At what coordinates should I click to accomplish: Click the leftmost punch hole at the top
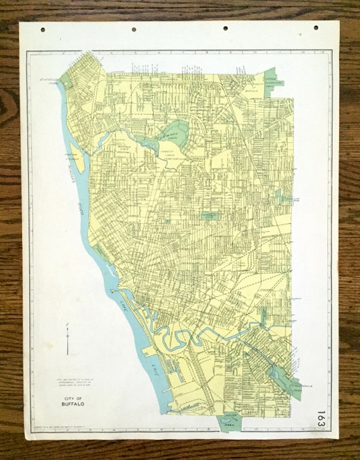click(42, 29)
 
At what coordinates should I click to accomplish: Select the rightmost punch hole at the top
click(316, 28)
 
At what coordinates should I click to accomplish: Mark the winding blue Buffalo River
click(189, 336)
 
